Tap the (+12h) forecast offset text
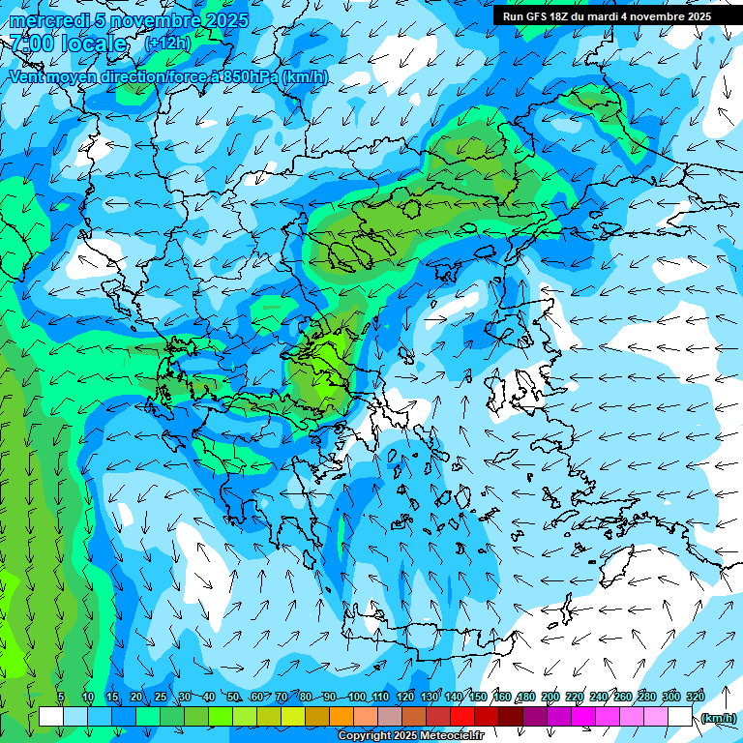point(168,44)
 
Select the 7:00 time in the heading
point(30,44)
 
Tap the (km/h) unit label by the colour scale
point(718,717)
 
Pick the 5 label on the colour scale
point(61,697)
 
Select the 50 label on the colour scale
point(233,697)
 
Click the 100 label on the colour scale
point(357,697)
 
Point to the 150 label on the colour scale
point(478,697)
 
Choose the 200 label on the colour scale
point(550,697)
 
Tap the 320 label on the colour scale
point(696,697)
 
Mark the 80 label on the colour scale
point(306,697)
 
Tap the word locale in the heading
point(93,44)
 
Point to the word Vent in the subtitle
point(28,76)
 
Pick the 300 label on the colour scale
point(671,697)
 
